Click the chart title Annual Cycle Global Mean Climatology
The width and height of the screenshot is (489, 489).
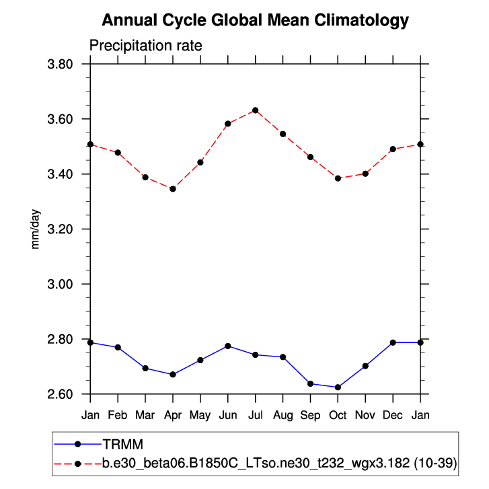(x=255, y=21)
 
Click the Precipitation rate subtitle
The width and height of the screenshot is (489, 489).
(x=146, y=46)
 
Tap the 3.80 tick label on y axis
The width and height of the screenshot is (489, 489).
(x=62, y=65)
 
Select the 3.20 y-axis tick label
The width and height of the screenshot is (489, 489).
(x=62, y=229)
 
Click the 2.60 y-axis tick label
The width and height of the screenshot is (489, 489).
(x=62, y=394)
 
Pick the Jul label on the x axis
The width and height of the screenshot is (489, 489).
(x=256, y=415)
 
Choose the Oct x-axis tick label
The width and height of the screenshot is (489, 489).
(x=338, y=415)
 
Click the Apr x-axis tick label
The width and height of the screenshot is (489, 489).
(x=173, y=415)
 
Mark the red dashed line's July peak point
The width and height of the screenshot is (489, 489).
(x=256, y=110)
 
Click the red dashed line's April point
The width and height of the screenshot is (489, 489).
(x=173, y=189)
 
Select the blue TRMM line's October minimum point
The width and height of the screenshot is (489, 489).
(x=338, y=387)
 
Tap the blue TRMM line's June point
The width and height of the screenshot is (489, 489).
(x=228, y=346)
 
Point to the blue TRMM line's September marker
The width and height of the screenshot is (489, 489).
(x=310, y=383)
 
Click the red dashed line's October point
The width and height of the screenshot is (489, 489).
(x=338, y=178)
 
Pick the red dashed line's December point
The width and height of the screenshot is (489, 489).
(x=393, y=149)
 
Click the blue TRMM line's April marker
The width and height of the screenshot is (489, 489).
(x=173, y=375)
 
